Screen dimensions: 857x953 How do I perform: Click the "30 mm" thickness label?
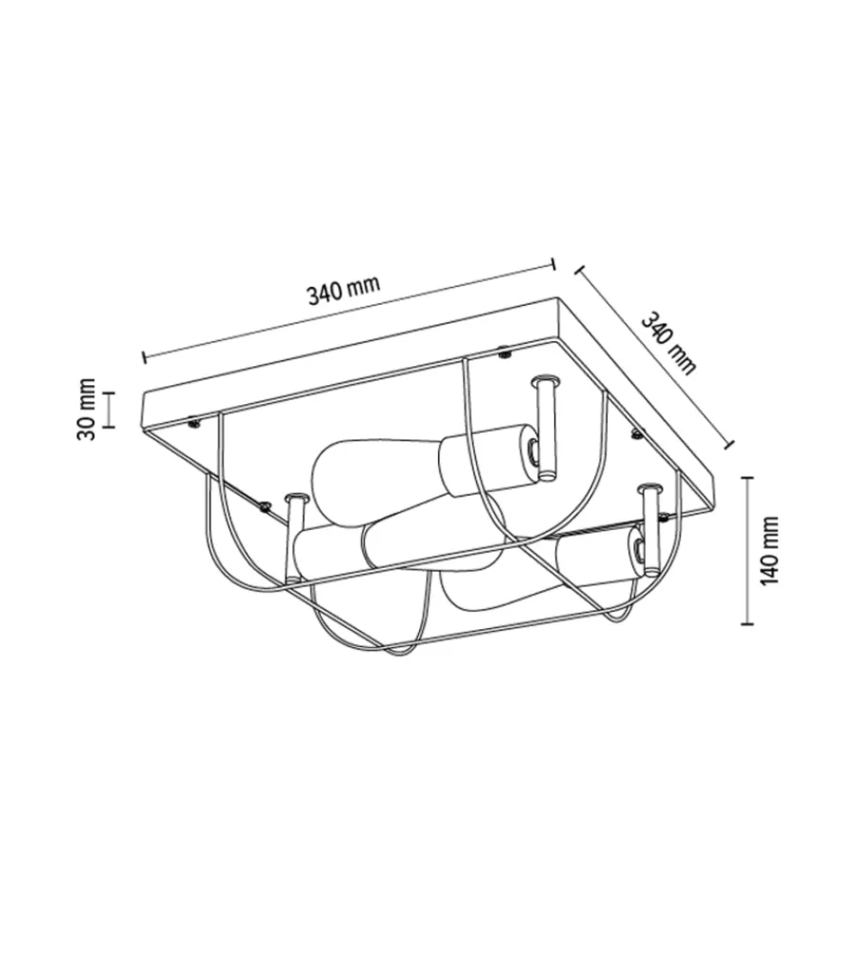click(x=87, y=409)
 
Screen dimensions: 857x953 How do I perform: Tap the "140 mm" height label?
click(x=770, y=551)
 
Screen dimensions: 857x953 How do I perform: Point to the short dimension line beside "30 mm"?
click(x=109, y=410)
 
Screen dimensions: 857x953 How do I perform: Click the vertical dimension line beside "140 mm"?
click(x=747, y=551)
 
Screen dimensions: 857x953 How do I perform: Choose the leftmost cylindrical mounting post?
click(x=295, y=537)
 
